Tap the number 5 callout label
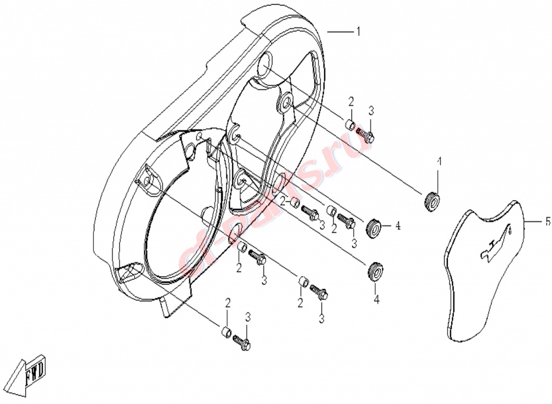(x=548, y=222)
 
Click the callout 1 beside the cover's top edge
(x=358, y=32)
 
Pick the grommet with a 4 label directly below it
(x=375, y=272)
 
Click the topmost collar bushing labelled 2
(x=349, y=124)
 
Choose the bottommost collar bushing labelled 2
(x=226, y=332)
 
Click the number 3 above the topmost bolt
(x=371, y=111)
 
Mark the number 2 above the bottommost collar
(x=228, y=303)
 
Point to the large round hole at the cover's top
(x=267, y=64)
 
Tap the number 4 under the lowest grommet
(x=376, y=299)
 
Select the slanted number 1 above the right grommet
(x=439, y=162)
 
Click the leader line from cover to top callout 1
(x=340, y=32)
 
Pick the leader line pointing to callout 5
(x=534, y=222)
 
